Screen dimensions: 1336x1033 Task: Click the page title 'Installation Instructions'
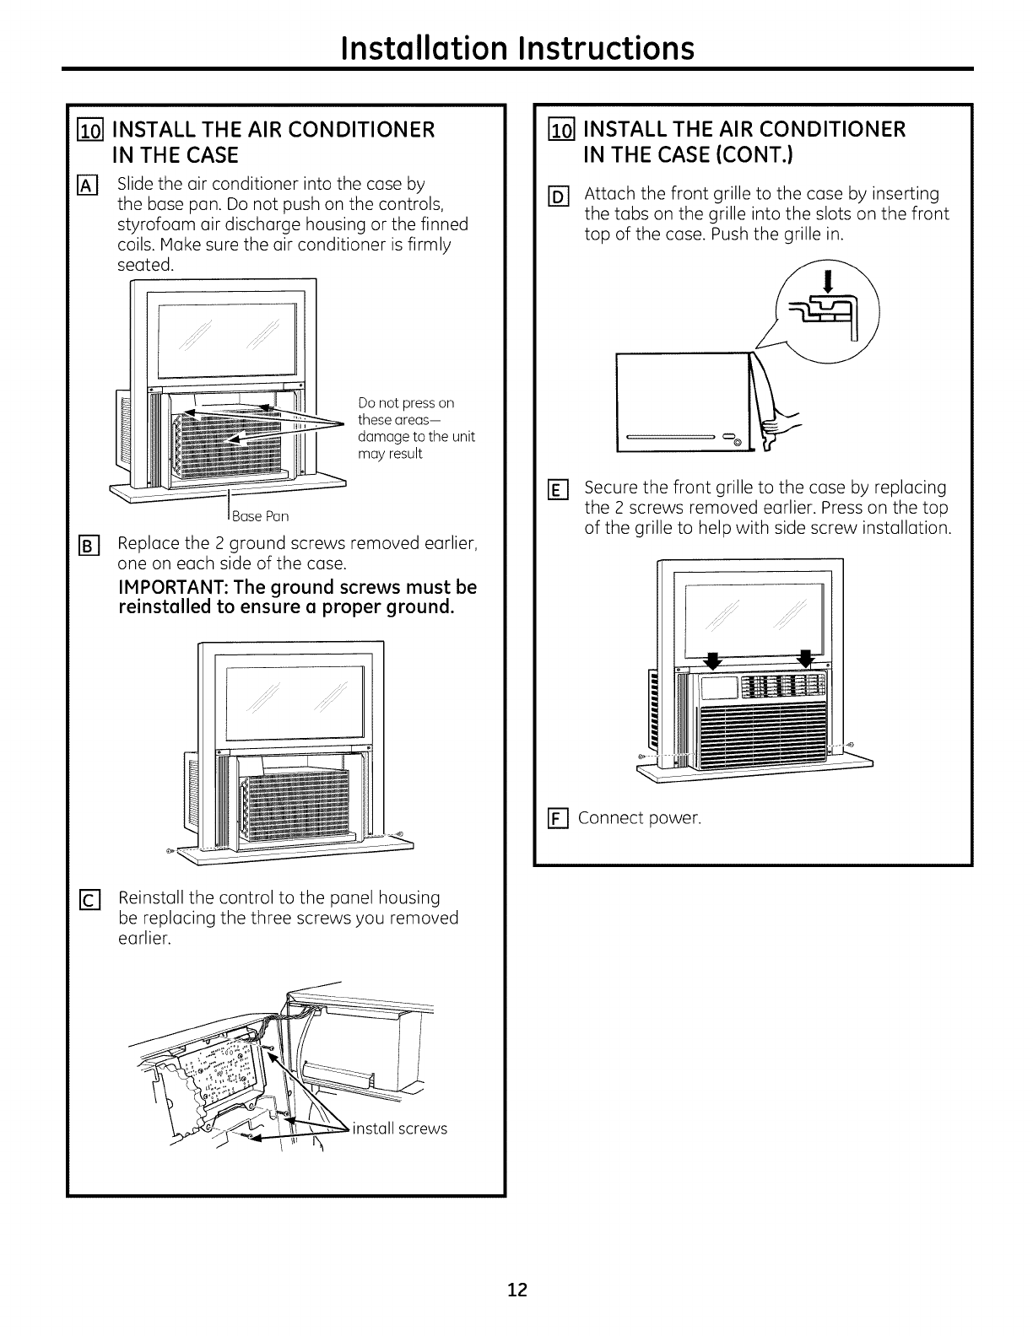pyautogui.click(x=516, y=47)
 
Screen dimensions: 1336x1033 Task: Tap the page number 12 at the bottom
pyautogui.click(x=517, y=1290)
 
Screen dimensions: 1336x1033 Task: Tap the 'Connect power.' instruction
pyautogui.click(x=639, y=819)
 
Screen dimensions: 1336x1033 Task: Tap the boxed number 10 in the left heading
pyautogui.click(x=89, y=131)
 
